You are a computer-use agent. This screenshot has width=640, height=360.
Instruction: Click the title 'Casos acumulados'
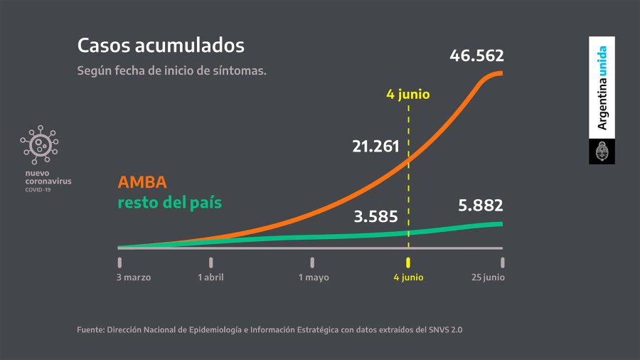click(161, 46)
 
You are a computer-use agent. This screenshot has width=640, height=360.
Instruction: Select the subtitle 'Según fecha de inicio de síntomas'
click(171, 71)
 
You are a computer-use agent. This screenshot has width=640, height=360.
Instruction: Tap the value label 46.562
click(476, 55)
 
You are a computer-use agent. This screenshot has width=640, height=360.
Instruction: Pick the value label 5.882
click(476, 206)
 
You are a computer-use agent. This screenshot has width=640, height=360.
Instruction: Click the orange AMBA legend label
click(143, 183)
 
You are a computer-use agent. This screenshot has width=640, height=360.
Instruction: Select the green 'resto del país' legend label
click(170, 202)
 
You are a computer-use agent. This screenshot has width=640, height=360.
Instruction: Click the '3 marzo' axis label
click(134, 277)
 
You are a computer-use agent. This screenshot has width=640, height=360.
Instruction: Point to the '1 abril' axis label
click(211, 277)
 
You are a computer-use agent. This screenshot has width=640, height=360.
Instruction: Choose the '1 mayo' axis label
click(314, 277)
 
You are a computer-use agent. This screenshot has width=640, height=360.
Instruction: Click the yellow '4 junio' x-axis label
click(408, 277)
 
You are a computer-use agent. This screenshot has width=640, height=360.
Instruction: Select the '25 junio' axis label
click(488, 277)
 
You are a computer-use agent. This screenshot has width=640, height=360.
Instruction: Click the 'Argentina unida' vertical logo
click(602, 88)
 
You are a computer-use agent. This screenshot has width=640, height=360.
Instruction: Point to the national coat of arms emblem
click(602, 152)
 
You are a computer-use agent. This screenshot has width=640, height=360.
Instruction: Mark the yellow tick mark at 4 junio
click(408, 262)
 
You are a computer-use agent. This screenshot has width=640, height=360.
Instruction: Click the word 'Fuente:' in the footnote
click(90, 329)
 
